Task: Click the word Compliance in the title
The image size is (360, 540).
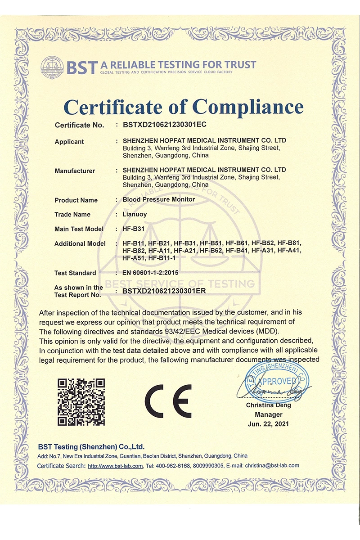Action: (x=248, y=107)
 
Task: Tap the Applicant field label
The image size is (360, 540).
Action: (x=69, y=142)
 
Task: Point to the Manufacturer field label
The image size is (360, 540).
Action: (x=75, y=171)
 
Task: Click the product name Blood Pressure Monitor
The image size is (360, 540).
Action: (x=159, y=199)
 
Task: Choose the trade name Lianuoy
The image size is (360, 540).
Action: (x=135, y=214)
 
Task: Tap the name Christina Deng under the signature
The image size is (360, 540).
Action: (x=269, y=405)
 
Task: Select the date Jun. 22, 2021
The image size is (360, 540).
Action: (x=269, y=423)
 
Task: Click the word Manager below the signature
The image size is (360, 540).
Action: (x=269, y=414)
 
